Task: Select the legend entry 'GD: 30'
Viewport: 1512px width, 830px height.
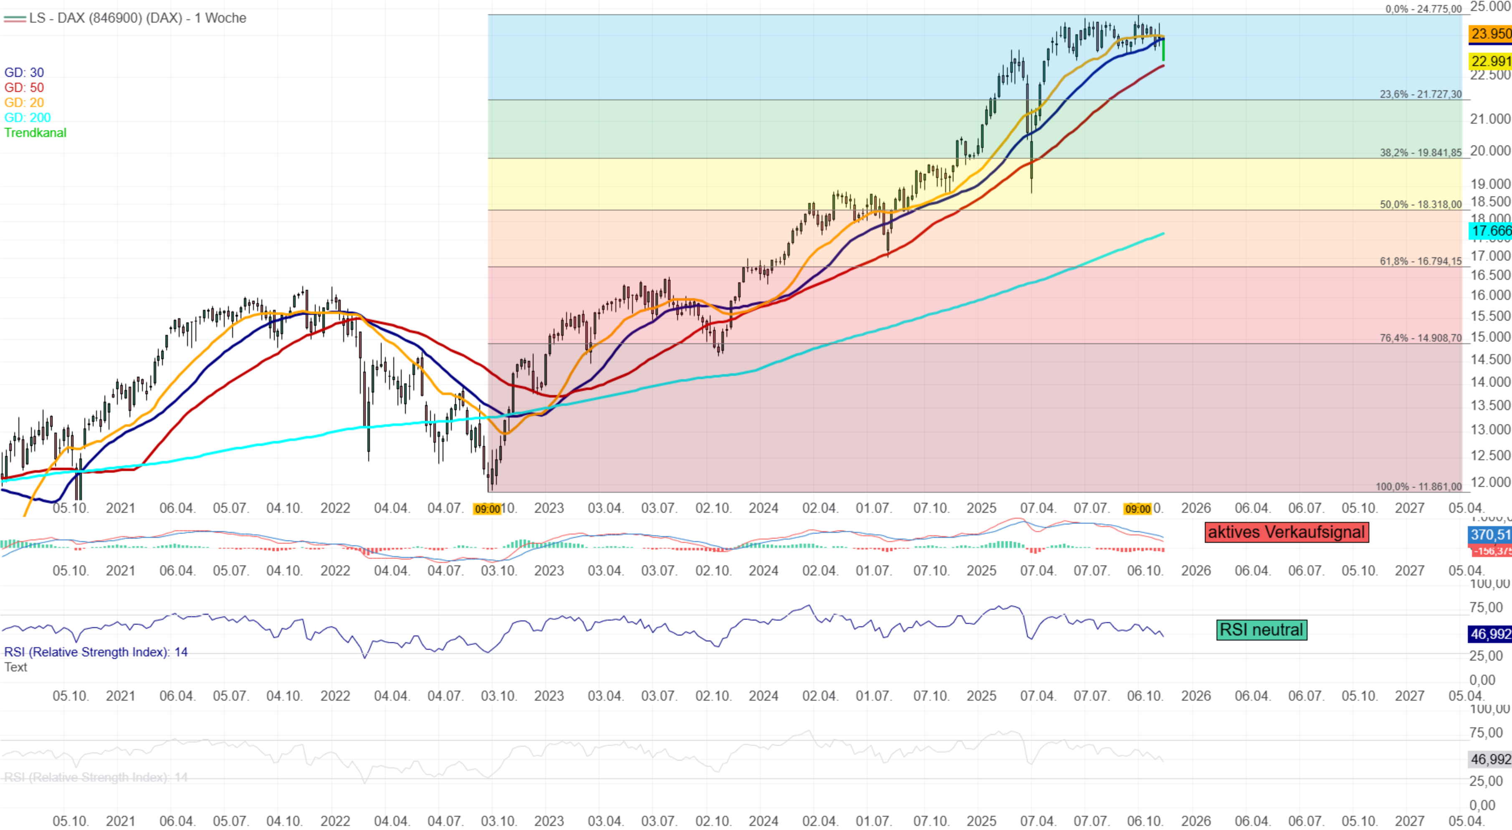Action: pyautogui.click(x=24, y=72)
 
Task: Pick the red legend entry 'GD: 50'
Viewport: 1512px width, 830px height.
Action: pyautogui.click(x=24, y=87)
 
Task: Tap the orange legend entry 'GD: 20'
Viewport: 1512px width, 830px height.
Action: pyautogui.click(x=24, y=102)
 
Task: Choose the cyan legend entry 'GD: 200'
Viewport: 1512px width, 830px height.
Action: pyautogui.click(x=28, y=117)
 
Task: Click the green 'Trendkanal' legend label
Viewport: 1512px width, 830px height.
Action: pyautogui.click(x=35, y=133)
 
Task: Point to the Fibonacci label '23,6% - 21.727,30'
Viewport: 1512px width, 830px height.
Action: pyautogui.click(x=1421, y=94)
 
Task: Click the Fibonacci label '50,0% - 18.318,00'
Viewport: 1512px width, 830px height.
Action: pyautogui.click(x=1421, y=204)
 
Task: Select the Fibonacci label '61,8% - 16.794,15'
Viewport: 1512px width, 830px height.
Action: pyautogui.click(x=1421, y=261)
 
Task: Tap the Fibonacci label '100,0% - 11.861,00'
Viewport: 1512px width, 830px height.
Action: pyautogui.click(x=1418, y=487)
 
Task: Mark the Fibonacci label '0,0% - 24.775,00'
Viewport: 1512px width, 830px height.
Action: pyautogui.click(x=1424, y=9)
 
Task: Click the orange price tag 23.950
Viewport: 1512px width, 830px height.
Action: pyautogui.click(x=1490, y=33)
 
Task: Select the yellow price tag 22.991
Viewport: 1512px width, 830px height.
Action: pyautogui.click(x=1490, y=61)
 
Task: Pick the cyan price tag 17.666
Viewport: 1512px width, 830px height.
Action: pyautogui.click(x=1490, y=231)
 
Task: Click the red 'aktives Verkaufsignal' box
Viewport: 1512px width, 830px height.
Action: pyautogui.click(x=1286, y=532)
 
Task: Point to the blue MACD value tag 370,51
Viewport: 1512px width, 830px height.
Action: pyautogui.click(x=1490, y=535)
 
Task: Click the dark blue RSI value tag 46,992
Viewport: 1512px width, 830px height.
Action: pyautogui.click(x=1490, y=634)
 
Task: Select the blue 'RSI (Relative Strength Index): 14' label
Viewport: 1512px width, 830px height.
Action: pyautogui.click(x=96, y=652)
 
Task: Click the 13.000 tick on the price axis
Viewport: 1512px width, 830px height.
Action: pyautogui.click(x=1490, y=429)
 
